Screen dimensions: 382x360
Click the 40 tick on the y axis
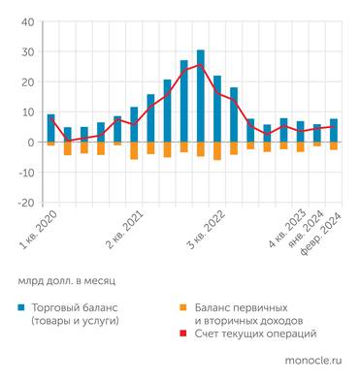point(26,21)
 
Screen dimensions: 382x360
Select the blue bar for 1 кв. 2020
point(50,128)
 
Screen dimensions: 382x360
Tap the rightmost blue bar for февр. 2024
point(333,131)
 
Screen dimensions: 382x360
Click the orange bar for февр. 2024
point(333,146)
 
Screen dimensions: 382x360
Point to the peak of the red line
point(201,65)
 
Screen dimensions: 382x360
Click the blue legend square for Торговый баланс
point(20,306)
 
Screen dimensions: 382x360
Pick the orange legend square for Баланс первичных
point(183,306)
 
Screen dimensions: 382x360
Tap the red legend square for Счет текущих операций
point(183,334)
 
